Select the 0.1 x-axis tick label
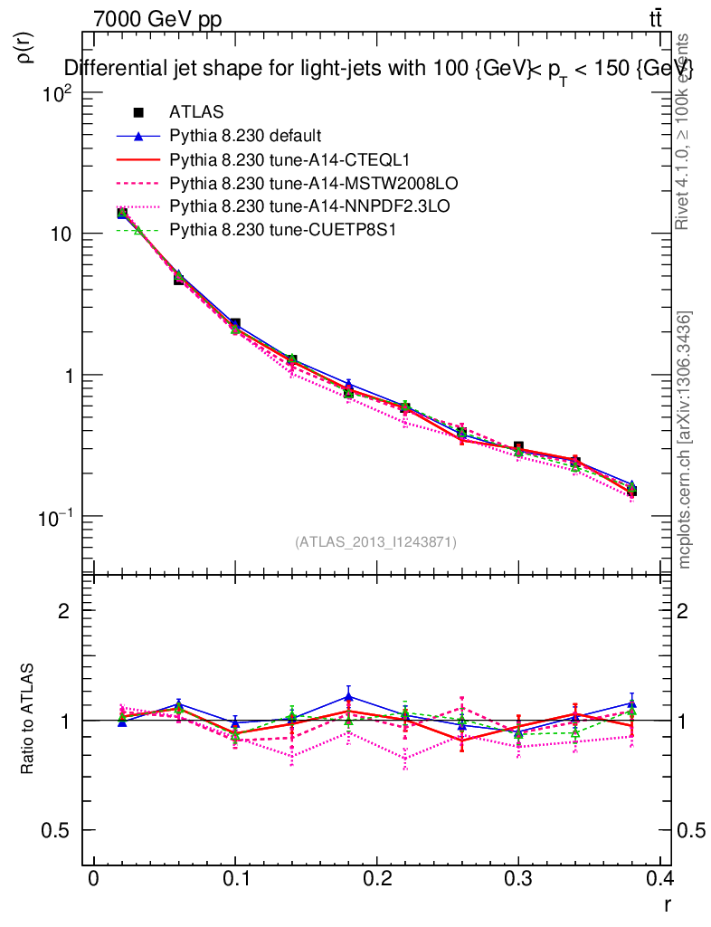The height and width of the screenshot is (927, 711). coord(234,881)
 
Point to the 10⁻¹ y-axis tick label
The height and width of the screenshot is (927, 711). coord(57,516)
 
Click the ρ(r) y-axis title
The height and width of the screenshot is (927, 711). coord(26,47)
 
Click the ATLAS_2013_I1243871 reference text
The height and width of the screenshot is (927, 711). coord(375,541)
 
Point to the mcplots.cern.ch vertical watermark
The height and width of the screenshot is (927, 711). coord(685,440)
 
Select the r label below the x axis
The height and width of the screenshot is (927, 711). coord(667,904)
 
